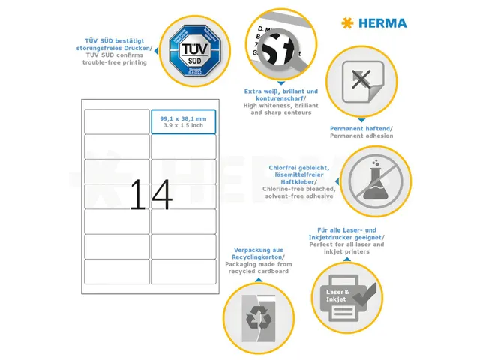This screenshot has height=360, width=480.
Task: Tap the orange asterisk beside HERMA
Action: click(346, 22)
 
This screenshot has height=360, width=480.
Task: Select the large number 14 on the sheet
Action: click(151, 195)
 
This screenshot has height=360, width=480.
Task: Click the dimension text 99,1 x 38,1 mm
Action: click(183, 118)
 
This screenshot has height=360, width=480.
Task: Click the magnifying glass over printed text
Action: click(278, 47)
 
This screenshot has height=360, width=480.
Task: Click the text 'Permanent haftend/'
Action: click(361, 129)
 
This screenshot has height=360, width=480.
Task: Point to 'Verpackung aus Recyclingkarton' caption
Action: click(256, 253)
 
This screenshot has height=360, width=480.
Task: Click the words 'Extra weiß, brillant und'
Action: click(281, 91)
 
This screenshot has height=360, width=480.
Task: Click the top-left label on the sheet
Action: click(116, 121)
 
